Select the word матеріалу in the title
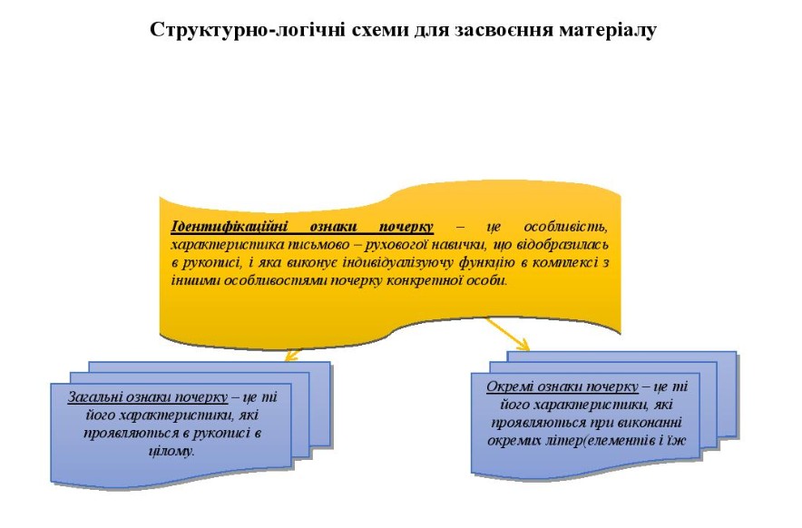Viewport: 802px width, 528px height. (608, 30)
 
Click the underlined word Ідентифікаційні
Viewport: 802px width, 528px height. (230, 226)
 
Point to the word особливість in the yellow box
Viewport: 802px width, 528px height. (566, 226)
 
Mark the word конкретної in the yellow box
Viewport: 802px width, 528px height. (425, 280)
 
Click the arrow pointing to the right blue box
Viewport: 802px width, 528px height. (507, 334)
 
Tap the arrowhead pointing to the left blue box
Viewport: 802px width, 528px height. (292, 356)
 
